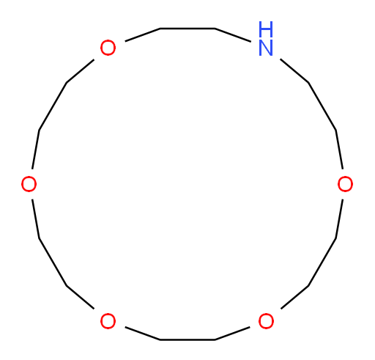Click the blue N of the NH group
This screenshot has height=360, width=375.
point(265,48)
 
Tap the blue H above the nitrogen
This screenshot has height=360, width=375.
point(266,29)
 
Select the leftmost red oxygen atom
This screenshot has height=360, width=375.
point(29,184)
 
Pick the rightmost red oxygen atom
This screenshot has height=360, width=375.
point(345,184)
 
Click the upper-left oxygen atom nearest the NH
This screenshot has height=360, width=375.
point(108,48)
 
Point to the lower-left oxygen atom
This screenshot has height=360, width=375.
point(108,321)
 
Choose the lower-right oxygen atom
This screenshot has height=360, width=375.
point(266,321)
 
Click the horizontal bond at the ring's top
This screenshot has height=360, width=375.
point(187,29)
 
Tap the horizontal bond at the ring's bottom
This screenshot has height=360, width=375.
point(187,339)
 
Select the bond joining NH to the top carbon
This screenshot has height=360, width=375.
point(233,35)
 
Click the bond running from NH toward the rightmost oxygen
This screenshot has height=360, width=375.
point(294,71)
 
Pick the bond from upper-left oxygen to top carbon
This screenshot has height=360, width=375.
point(142,35)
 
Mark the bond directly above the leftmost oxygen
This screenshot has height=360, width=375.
point(36,150)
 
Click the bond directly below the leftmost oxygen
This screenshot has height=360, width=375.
point(36,219)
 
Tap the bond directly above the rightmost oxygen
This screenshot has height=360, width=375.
point(339,150)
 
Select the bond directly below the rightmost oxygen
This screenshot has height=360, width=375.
point(339,219)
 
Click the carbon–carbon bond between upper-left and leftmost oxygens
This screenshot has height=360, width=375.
point(53,106)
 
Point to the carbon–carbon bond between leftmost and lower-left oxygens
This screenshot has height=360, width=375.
point(53,262)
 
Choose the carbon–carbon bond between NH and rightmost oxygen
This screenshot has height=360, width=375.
point(322,106)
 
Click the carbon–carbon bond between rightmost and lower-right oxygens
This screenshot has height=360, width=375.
point(322,262)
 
